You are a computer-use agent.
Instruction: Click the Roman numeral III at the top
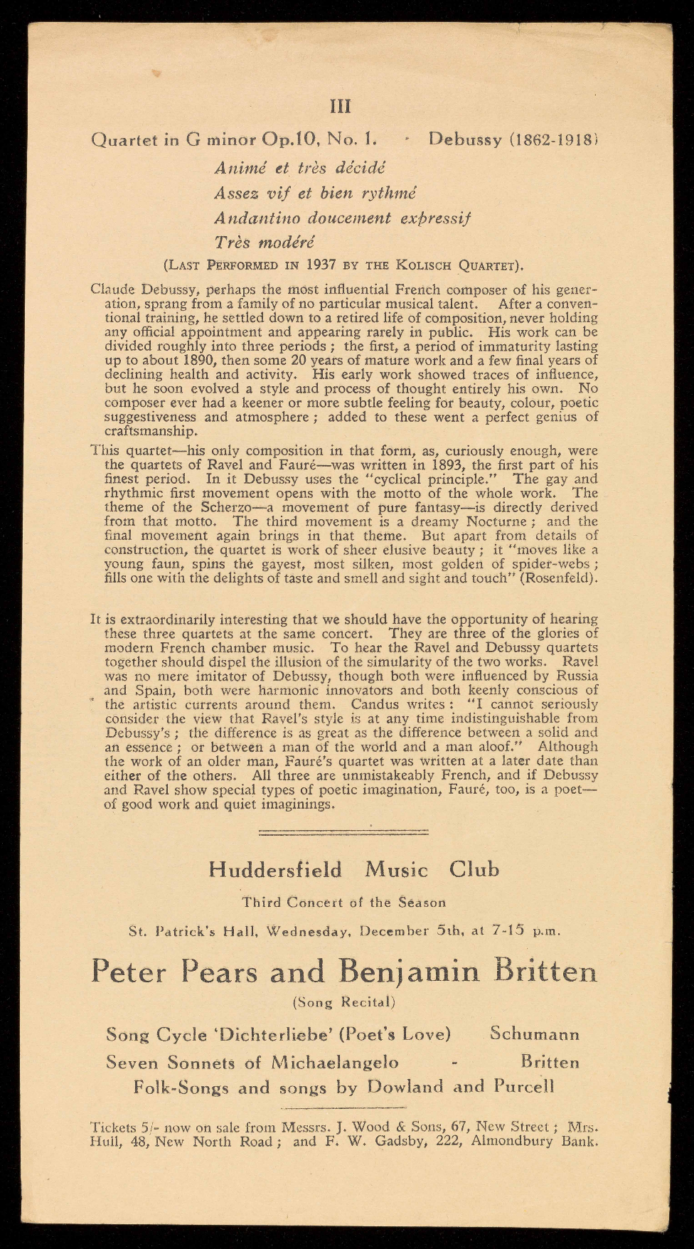[341, 107]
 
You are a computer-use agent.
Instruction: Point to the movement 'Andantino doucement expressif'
[342, 218]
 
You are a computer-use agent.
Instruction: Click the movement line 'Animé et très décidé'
[299, 169]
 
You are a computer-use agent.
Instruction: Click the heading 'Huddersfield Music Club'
[354, 870]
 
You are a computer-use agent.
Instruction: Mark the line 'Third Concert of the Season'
[343, 903]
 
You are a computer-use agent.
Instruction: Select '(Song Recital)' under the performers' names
[343, 1002]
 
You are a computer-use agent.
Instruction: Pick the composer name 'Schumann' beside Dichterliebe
[535, 1034]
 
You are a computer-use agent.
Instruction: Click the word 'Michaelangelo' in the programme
[336, 1063]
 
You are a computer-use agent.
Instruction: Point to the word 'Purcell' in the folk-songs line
[521, 1087]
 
